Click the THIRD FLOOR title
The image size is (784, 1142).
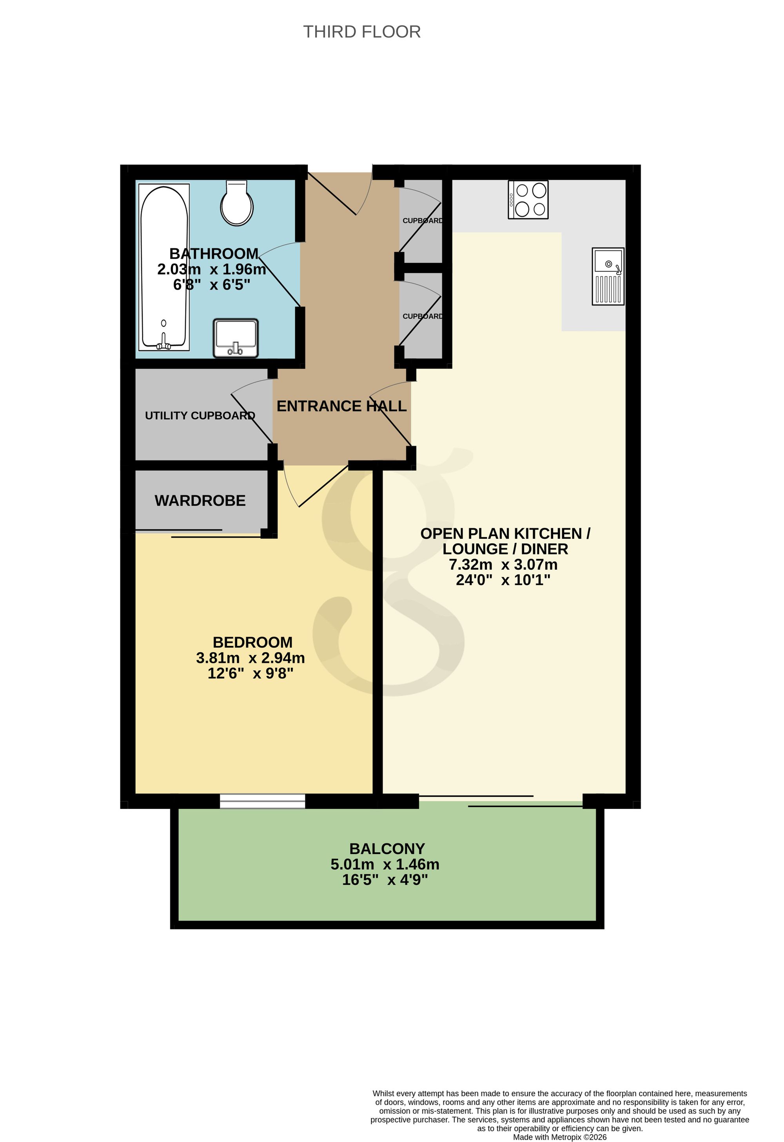click(362, 32)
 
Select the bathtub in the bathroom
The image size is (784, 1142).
click(164, 267)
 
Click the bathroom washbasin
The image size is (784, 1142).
click(236, 338)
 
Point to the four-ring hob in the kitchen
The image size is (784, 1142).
click(528, 199)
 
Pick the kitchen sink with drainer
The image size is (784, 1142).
click(608, 276)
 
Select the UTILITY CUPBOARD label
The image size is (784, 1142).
click(200, 416)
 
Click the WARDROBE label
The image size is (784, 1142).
click(200, 501)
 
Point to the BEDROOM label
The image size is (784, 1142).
click(253, 642)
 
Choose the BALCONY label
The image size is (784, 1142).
click(387, 849)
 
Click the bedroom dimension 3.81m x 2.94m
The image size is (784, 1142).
click(250, 658)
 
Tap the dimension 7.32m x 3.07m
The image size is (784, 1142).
click(503, 565)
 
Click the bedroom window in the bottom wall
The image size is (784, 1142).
click(263, 801)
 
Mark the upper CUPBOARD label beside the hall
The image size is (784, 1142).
click(423, 221)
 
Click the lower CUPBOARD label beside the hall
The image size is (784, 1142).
click(423, 316)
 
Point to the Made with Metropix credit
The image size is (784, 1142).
click(560, 1137)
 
